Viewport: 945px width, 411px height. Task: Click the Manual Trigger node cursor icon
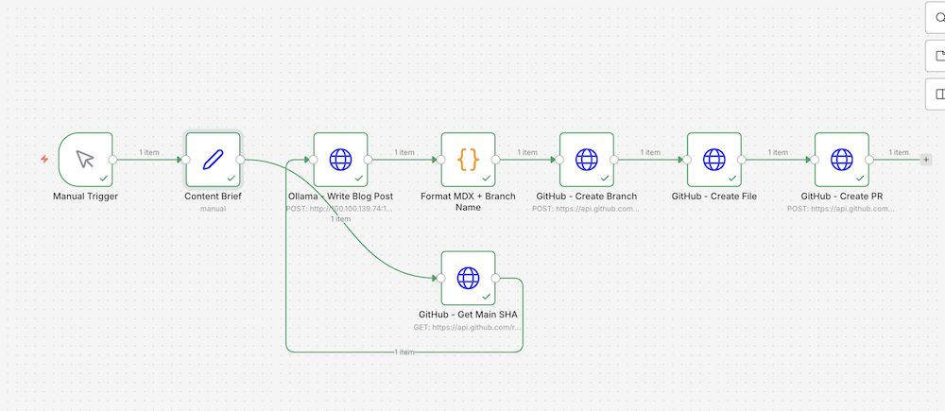click(85, 159)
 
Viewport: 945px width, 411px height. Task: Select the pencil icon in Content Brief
click(213, 159)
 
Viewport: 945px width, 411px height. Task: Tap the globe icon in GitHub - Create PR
click(841, 159)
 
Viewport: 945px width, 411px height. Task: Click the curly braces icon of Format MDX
click(468, 159)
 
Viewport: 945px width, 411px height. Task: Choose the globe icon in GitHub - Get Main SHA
click(468, 278)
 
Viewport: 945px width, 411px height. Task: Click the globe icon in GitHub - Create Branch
click(586, 159)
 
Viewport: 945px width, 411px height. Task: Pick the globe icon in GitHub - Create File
click(713, 159)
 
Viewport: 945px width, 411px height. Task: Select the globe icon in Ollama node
click(340, 159)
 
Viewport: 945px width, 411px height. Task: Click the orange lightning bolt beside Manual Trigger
click(43, 160)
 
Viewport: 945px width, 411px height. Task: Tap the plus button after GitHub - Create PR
click(925, 160)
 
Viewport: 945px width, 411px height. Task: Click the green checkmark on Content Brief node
click(232, 178)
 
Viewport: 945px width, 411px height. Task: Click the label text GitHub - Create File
click(713, 197)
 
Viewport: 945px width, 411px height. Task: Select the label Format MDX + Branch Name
click(468, 201)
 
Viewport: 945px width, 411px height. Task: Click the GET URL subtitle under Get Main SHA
click(468, 326)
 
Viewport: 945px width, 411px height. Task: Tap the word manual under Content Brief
click(213, 208)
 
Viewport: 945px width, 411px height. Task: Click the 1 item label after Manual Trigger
click(149, 152)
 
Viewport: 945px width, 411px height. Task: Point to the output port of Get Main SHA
click(497, 279)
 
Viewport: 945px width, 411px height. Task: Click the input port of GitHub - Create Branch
click(558, 160)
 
